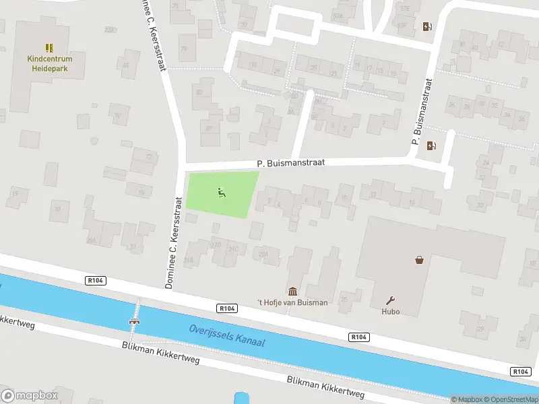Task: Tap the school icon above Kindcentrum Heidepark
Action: point(49,47)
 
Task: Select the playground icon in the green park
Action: point(222,193)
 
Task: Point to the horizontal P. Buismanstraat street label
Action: point(291,163)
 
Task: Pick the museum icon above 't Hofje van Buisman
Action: point(293,291)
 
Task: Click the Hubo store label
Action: point(391,312)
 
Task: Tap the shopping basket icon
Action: point(420,259)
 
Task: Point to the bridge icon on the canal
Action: point(135,321)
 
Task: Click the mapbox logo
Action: point(29,396)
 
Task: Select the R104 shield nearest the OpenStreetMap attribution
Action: point(519,372)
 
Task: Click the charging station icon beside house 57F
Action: point(426,27)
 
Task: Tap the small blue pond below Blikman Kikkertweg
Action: point(239,398)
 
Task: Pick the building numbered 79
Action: point(184,49)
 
